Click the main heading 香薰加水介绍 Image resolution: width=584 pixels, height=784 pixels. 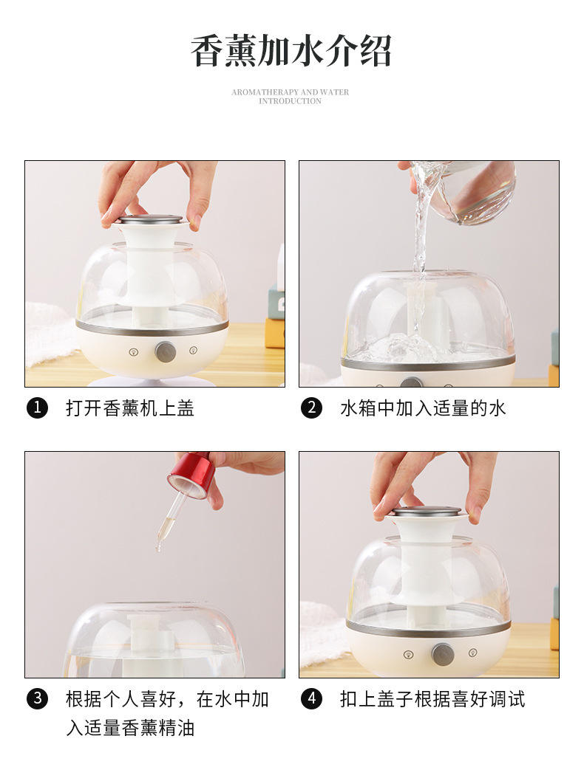(291, 52)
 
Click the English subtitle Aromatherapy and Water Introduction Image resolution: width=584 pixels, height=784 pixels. (290, 97)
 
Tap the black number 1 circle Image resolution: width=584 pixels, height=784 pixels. (37, 408)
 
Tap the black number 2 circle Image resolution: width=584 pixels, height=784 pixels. (311, 408)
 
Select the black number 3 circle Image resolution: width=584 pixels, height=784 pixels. (37, 699)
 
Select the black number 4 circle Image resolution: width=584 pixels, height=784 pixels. (311, 699)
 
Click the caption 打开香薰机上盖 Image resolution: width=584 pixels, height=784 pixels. (129, 408)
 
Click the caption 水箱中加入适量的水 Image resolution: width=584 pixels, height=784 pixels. (424, 408)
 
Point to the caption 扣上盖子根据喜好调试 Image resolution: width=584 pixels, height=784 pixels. (432, 699)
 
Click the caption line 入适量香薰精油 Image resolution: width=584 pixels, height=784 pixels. (130, 728)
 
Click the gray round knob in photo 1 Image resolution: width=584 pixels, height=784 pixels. (165, 352)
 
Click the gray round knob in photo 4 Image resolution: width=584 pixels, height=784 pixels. (444, 655)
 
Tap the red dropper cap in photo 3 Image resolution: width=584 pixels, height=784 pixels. (191, 475)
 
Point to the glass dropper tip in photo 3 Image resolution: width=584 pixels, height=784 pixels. (158, 549)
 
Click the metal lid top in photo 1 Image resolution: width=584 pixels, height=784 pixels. (151, 219)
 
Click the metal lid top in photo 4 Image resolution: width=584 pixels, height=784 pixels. (427, 511)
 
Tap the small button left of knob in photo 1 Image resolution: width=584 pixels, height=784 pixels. (133, 352)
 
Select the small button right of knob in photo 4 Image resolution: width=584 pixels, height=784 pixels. (472, 653)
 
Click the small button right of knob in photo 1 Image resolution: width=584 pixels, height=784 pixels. (194, 351)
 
